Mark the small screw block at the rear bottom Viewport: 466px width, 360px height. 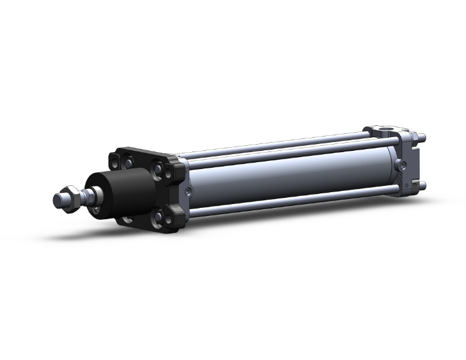[x=414, y=186]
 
